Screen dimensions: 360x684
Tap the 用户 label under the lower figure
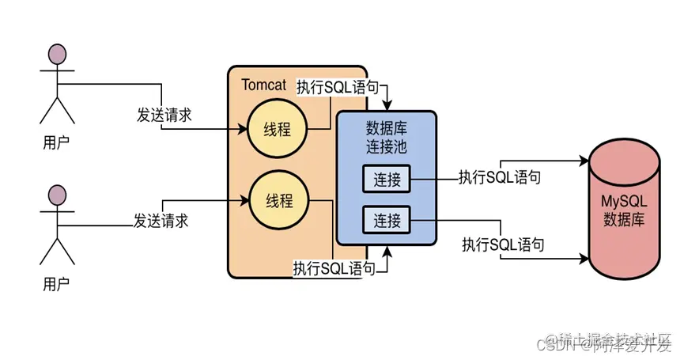click(x=56, y=282)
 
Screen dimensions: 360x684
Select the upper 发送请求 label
click(x=164, y=115)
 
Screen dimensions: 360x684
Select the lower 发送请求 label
click(x=161, y=220)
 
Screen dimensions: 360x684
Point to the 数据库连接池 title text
click(x=387, y=137)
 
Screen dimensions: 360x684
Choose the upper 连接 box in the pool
click(x=387, y=180)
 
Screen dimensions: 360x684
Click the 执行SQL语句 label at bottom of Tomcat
click(x=334, y=268)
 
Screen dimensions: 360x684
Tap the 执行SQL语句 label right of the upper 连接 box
click(x=500, y=177)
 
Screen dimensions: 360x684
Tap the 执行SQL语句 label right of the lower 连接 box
click(x=504, y=244)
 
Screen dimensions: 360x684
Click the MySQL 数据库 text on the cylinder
click(x=624, y=209)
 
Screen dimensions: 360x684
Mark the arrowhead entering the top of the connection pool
click(x=387, y=107)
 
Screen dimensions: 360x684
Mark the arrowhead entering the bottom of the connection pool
click(x=387, y=251)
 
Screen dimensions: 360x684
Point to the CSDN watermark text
click(x=554, y=345)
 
